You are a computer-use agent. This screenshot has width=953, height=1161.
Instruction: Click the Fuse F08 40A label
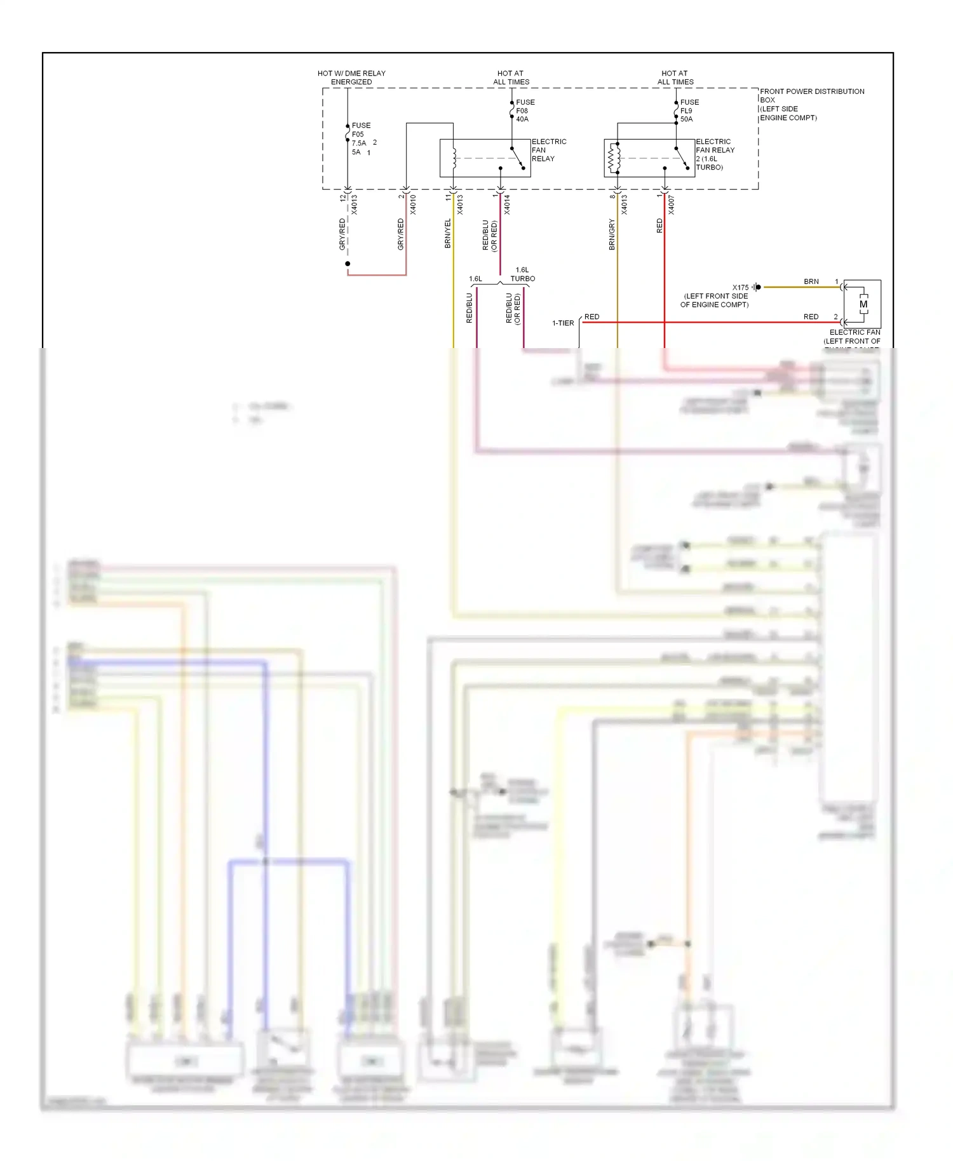coord(524,111)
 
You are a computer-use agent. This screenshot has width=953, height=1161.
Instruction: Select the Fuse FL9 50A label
coord(689,111)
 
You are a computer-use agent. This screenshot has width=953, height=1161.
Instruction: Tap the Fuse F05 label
coord(361,130)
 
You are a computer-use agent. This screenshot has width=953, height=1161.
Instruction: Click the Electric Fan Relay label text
coord(548,150)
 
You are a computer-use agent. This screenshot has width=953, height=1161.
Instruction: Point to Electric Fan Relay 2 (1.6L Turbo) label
coord(715,154)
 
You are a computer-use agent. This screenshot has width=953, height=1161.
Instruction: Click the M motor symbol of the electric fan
coord(863,304)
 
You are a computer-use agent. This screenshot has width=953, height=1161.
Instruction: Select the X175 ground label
coord(740,288)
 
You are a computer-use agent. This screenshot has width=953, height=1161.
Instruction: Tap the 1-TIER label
coord(563,323)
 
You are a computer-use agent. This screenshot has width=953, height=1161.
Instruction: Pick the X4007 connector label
coord(672,205)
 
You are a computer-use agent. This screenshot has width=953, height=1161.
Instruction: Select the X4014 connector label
coord(507,205)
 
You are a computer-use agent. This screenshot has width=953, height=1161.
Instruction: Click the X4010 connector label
coord(413,205)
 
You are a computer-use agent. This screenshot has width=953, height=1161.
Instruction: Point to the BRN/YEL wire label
coord(448,233)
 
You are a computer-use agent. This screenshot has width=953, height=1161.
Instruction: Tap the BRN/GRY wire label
coord(612,234)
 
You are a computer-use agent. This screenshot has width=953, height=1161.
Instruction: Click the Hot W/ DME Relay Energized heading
coord(351,77)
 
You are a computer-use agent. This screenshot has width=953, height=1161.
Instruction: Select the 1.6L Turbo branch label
coord(522,274)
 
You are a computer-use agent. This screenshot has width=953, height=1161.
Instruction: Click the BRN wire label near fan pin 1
coord(811,281)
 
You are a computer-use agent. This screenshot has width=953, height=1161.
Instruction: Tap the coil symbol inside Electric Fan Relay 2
coord(614,158)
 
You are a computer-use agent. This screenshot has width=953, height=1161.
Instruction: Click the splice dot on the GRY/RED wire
coord(348,264)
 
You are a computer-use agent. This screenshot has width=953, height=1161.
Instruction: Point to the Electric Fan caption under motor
coord(855,333)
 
